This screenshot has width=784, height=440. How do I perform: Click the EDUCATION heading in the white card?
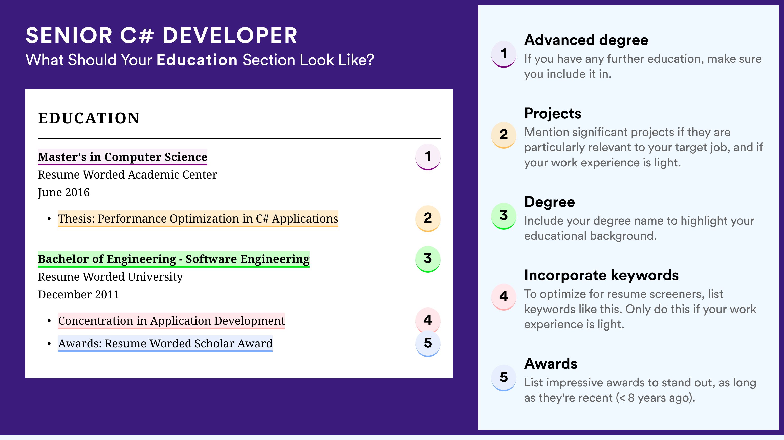(x=89, y=118)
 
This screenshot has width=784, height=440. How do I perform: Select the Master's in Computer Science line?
(x=123, y=157)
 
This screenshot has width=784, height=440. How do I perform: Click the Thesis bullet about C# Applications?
(x=198, y=218)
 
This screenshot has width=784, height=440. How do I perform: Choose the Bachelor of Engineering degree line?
(x=174, y=259)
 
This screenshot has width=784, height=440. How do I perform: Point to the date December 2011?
(x=78, y=295)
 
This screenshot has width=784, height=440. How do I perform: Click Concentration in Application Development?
(x=171, y=321)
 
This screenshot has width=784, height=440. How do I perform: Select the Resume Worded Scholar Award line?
(x=165, y=344)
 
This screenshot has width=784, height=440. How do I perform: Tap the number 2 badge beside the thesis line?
(x=428, y=218)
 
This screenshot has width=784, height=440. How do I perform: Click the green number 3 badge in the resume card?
(x=428, y=259)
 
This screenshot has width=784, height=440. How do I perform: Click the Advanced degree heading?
(x=586, y=40)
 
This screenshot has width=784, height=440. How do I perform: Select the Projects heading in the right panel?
(x=553, y=114)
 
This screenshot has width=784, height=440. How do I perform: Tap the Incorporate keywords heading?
(x=601, y=275)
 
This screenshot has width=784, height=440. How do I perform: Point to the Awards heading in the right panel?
(x=551, y=364)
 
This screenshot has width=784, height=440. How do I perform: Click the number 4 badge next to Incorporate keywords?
(x=504, y=297)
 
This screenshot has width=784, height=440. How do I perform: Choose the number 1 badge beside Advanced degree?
(x=504, y=54)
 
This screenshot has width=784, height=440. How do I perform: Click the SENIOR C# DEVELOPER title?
(x=161, y=35)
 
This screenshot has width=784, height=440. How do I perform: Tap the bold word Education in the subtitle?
(x=197, y=60)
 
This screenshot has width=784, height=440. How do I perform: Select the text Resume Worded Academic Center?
(x=127, y=175)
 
